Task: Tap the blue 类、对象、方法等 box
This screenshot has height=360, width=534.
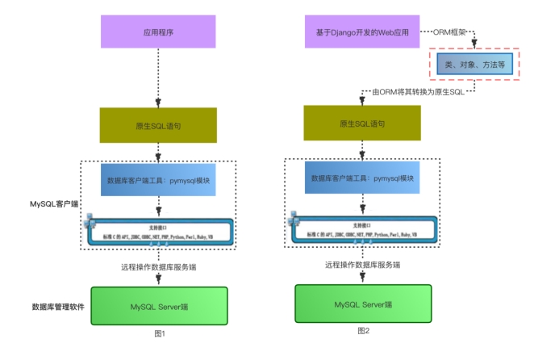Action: point(475,64)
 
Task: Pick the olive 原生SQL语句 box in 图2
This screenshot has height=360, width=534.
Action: point(361,123)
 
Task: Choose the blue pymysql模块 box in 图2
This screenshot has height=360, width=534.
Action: point(361,177)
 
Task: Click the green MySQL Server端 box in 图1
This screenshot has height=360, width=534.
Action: point(158,306)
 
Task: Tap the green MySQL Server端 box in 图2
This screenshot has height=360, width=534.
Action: point(361,304)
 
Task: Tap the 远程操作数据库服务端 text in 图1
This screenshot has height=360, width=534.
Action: point(158,267)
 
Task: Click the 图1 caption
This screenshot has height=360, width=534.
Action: point(158,333)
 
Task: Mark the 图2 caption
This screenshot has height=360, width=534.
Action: point(363,330)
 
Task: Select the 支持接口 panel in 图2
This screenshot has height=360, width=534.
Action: point(363,229)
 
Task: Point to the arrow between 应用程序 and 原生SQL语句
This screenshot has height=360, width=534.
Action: point(158,81)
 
